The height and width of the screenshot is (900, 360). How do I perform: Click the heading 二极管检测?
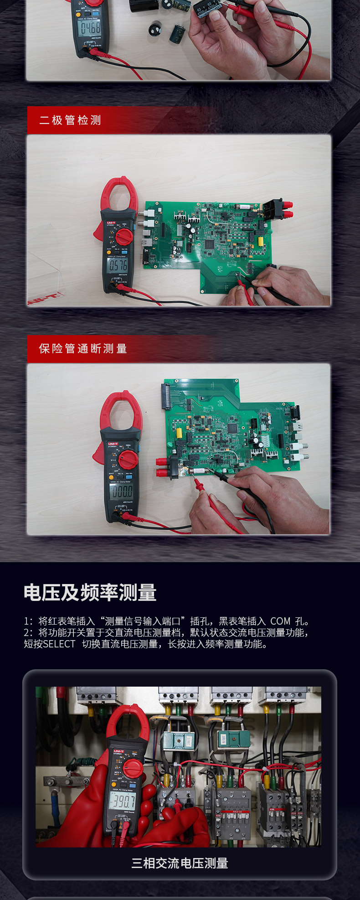70,120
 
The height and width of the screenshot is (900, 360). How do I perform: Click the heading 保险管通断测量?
83,349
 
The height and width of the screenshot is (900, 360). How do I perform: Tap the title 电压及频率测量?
90,593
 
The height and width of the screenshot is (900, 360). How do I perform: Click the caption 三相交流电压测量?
180,863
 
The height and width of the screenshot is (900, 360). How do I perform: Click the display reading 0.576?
118,266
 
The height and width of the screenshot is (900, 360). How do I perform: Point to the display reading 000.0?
122,491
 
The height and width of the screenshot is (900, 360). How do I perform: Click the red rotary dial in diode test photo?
123,236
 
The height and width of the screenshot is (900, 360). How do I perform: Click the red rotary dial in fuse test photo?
128,460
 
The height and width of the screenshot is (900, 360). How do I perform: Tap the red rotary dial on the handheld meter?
133,768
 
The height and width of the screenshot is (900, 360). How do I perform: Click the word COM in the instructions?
280,621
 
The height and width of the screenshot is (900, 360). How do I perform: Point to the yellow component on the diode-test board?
260,241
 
